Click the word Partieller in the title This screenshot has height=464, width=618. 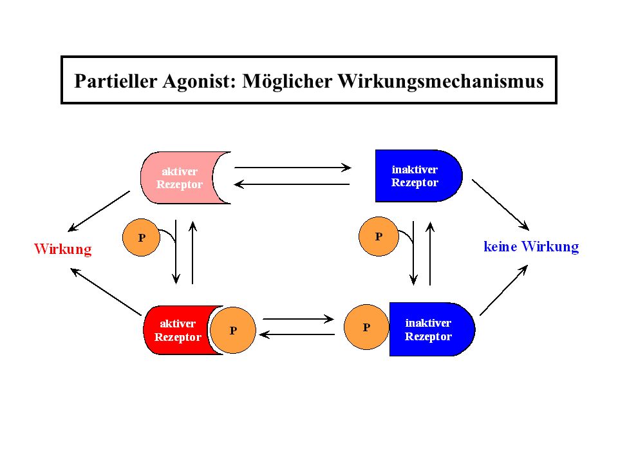pyautogui.click(x=115, y=81)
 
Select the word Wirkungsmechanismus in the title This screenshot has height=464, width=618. pyautogui.click(x=440, y=82)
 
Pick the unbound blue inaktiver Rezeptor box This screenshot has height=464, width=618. pyautogui.click(x=418, y=176)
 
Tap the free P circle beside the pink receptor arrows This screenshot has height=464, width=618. pyautogui.click(x=141, y=238)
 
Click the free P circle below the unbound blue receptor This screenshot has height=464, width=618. pyautogui.click(x=379, y=237)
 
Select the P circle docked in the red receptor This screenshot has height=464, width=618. pyautogui.click(x=233, y=330)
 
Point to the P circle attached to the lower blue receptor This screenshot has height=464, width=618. pyautogui.click(x=366, y=327)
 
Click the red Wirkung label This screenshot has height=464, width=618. pyautogui.click(x=63, y=249)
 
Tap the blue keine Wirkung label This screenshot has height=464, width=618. pyautogui.click(x=531, y=247)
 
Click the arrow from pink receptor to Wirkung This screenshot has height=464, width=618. pyautogui.click(x=98, y=211)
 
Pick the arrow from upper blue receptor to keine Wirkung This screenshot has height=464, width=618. pyautogui.click(x=501, y=205)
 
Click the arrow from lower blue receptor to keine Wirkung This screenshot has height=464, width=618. pyautogui.click(x=503, y=290)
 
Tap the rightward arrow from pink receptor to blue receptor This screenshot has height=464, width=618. pyautogui.click(x=292, y=168)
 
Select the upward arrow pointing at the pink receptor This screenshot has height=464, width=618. pyautogui.click(x=192, y=253)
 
